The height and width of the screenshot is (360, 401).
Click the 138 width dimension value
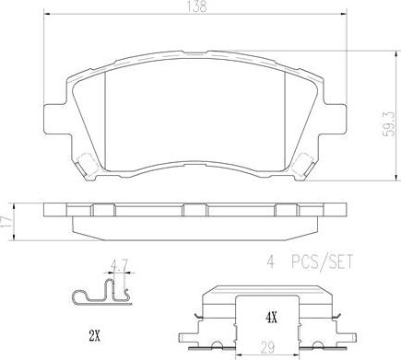pyautogui.click(x=196, y=6)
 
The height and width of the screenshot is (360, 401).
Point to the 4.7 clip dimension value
pyautogui.click(x=119, y=265)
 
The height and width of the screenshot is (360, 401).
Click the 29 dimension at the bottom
pyautogui.click(x=267, y=348)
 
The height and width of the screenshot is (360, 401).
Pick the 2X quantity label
pyautogui.click(x=95, y=337)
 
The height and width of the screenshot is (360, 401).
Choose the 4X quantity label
pyautogui.click(x=271, y=319)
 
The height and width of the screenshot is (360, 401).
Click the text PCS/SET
pyautogui.click(x=322, y=262)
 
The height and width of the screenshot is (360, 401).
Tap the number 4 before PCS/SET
pyautogui.click(x=270, y=262)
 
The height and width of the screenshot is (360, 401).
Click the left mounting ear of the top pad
pyautogui.click(x=55, y=119)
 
